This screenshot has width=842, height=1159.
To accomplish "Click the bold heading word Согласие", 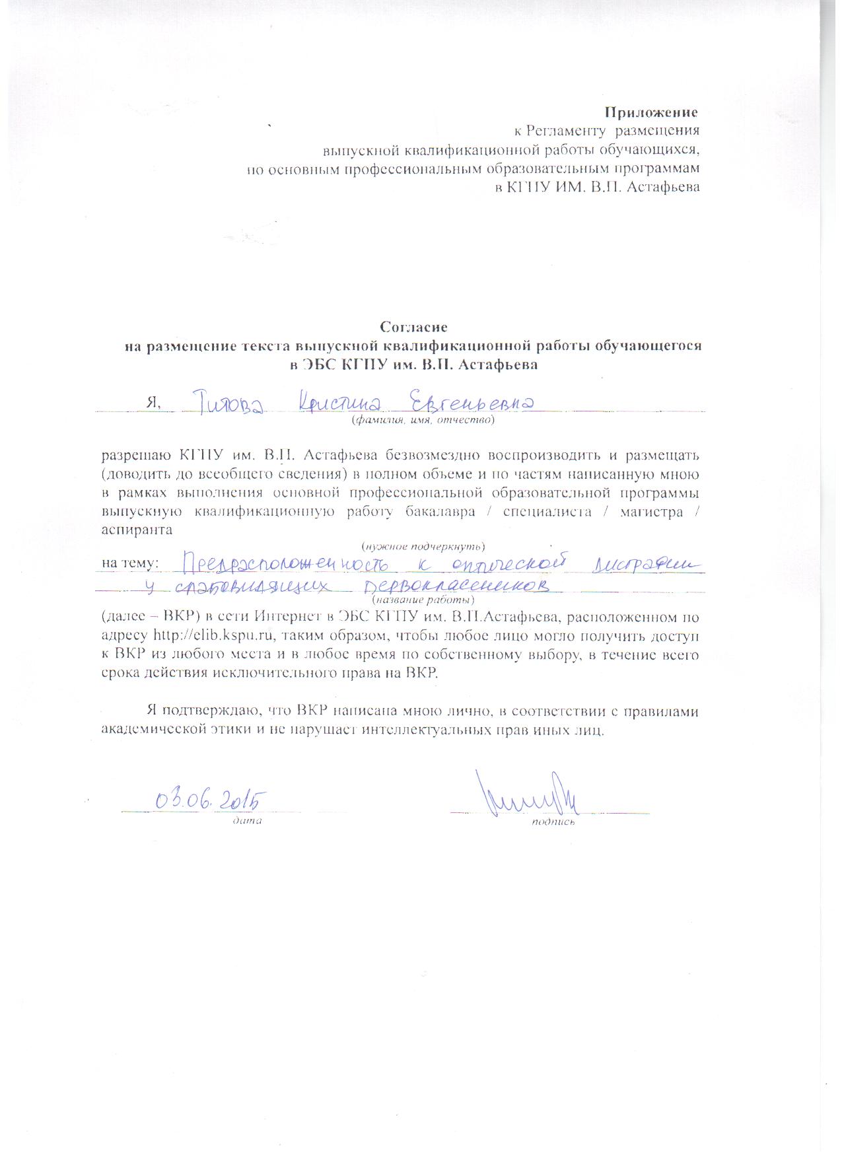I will (414, 326).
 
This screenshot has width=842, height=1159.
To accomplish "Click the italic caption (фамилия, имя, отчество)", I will (423, 419).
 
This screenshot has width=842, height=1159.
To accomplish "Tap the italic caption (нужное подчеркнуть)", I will (423, 546).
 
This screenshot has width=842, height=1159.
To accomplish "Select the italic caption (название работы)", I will (423, 600).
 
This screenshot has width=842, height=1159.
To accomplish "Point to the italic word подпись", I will (553, 822).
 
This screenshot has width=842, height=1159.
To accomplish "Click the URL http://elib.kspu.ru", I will (212, 636).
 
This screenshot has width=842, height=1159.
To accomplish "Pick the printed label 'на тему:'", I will (129, 563).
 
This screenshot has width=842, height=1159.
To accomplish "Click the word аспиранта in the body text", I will (137, 529).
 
